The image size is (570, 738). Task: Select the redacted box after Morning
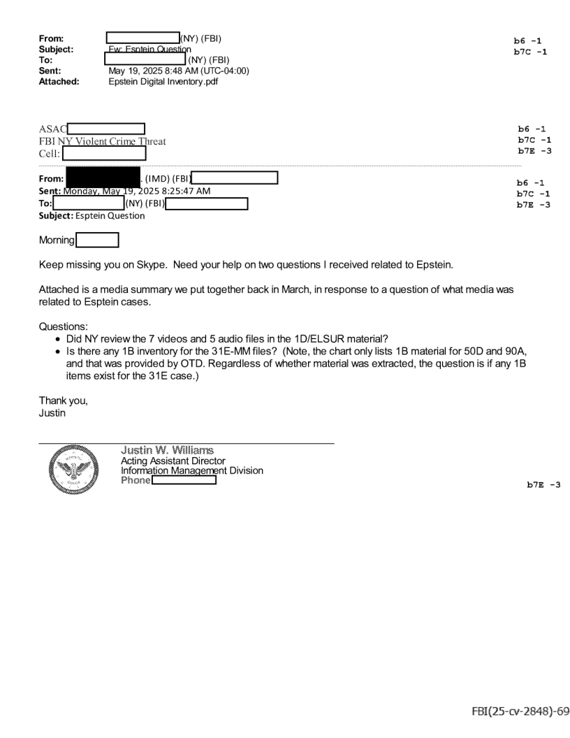tap(97, 240)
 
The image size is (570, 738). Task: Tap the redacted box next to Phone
tap(184, 481)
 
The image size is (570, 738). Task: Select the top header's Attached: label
tap(59, 80)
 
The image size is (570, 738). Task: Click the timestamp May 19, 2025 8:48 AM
tap(179, 70)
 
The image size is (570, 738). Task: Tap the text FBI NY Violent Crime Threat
tap(103, 140)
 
